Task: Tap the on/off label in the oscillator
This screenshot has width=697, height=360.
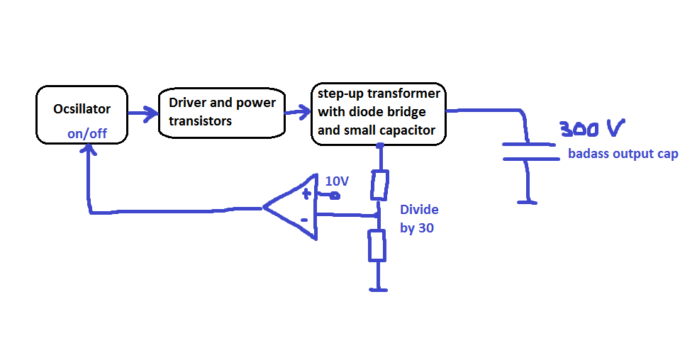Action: click(x=87, y=133)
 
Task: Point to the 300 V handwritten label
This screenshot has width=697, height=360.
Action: click(x=591, y=129)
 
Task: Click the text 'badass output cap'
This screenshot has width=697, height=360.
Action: click(x=623, y=154)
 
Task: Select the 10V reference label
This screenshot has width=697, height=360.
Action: click(x=337, y=181)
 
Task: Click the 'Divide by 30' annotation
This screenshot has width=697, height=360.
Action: click(x=419, y=219)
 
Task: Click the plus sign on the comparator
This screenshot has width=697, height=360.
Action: click(x=307, y=193)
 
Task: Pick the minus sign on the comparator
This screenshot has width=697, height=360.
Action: click(x=304, y=220)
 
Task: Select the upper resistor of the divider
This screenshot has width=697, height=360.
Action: click(x=379, y=184)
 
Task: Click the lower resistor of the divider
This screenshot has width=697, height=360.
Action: click(x=378, y=246)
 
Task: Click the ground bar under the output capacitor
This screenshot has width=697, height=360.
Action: click(x=527, y=202)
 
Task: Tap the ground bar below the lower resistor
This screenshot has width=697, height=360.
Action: click(x=379, y=288)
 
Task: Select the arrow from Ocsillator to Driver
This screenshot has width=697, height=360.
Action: click(x=143, y=112)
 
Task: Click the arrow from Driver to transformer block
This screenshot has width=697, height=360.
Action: click(x=298, y=111)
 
